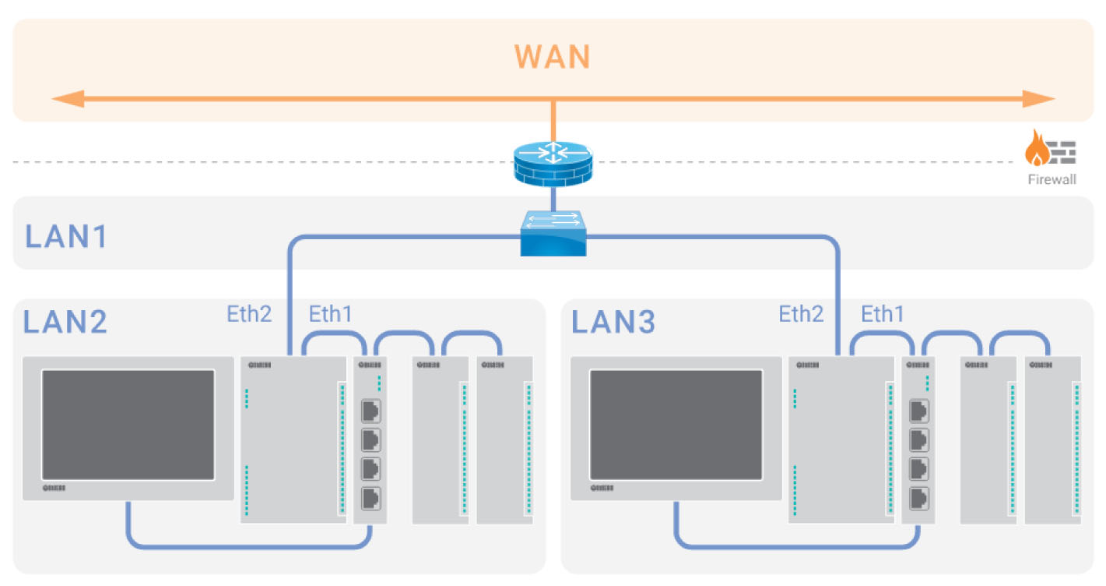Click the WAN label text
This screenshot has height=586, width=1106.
pos(552,57)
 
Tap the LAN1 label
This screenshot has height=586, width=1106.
pos(65,236)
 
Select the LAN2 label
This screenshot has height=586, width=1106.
pos(65,322)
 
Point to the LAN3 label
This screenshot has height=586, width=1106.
pos(613,322)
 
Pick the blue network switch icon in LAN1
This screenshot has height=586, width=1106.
pos(553,233)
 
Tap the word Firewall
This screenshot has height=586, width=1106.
pos(1051,180)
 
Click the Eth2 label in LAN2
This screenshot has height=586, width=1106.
pos(249,315)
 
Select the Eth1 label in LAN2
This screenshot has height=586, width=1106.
pos(331,315)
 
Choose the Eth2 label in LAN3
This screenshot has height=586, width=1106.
pos(801,315)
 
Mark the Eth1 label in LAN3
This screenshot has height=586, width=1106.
pos(883,315)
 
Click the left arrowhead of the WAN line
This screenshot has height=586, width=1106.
pos(65,99)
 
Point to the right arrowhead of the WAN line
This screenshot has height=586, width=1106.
pos(1041,99)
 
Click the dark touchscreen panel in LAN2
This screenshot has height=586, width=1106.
pos(128,425)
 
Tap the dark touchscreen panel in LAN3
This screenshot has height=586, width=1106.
pos(676,425)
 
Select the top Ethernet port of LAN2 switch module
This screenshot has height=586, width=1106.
pos(371,411)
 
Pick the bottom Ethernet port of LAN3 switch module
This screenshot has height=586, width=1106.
pos(919,497)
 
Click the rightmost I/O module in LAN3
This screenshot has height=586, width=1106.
pos(1052,440)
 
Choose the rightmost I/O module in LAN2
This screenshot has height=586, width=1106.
pos(504,440)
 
